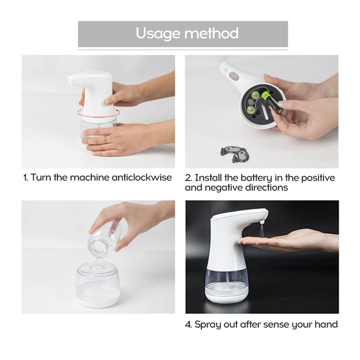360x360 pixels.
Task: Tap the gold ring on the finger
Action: click(105, 139)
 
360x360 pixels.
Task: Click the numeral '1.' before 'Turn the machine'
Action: click(26, 177)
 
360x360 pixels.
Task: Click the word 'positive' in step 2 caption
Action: click(318, 178)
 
